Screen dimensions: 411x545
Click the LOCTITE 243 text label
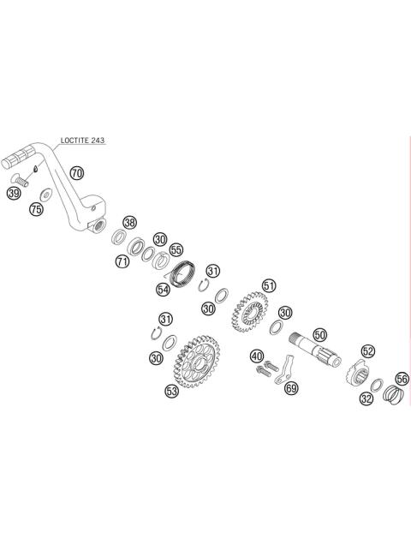(x=82, y=141)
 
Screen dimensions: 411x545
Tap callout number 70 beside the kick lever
(x=77, y=173)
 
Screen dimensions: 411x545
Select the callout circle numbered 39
(x=14, y=193)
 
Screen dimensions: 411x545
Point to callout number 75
(x=37, y=209)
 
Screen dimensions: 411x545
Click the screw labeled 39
(x=20, y=181)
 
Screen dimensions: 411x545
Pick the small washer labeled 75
(x=46, y=195)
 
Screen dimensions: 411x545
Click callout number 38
(x=130, y=223)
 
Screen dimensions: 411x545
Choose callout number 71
(x=122, y=261)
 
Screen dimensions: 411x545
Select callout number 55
(x=176, y=250)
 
